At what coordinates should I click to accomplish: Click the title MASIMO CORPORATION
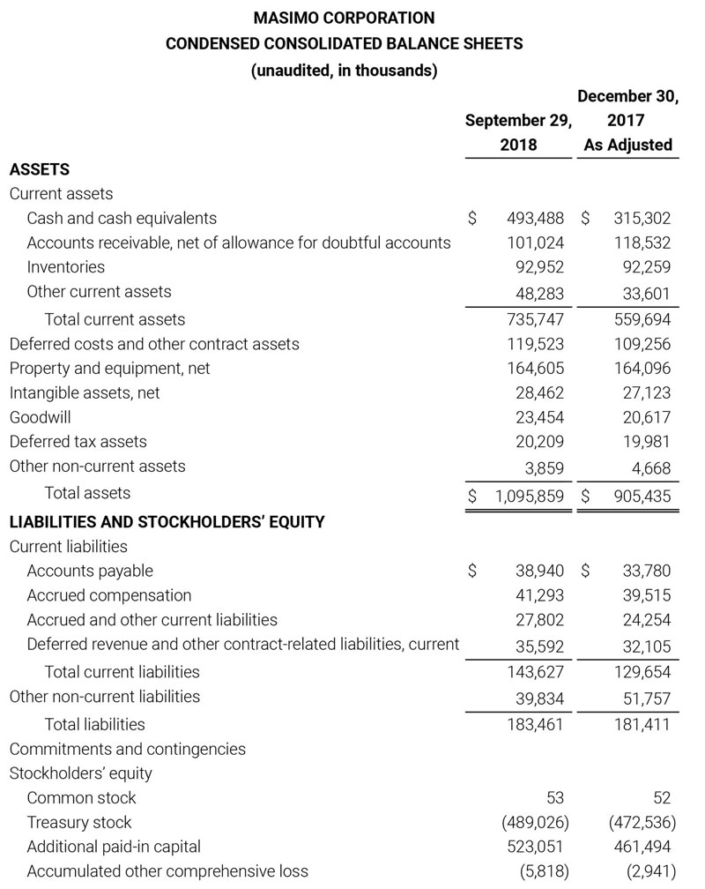coord(344,18)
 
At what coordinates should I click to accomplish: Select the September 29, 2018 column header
coord(518,132)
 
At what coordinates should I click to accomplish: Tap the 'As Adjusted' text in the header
coord(628,145)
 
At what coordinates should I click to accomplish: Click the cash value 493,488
coord(536,218)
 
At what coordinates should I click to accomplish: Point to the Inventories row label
coord(66,266)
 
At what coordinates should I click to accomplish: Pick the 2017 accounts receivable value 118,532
coord(642,243)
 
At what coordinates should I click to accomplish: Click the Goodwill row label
coord(41,417)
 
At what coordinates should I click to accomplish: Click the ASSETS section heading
coord(40,168)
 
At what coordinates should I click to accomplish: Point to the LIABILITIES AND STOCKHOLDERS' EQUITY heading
coord(167,521)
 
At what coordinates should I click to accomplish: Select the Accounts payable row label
coord(90,571)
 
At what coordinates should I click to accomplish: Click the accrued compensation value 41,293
coord(539,595)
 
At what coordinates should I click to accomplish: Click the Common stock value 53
coord(554,798)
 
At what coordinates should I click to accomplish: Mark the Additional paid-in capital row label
coord(114,847)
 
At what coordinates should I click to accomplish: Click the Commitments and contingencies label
coord(128,749)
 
